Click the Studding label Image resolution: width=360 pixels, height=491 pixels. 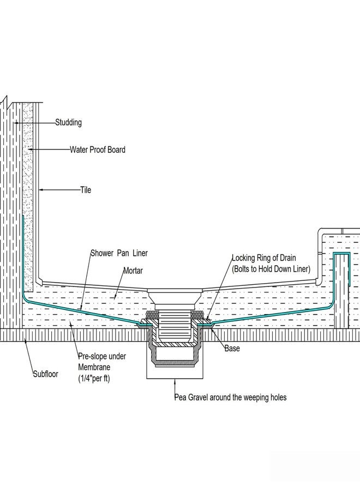click(x=69, y=122)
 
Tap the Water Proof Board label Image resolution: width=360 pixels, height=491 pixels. click(x=97, y=149)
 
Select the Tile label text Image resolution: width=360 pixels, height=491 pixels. click(x=86, y=190)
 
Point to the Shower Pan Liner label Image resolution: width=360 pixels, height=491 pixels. click(x=119, y=253)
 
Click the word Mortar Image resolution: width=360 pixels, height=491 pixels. click(x=133, y=270)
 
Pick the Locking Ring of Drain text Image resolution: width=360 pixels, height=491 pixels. click(x=263, y=258)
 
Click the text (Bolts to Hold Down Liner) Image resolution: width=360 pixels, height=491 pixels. click(x=271, y=269)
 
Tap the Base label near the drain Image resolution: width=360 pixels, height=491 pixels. click(x=232, y=348)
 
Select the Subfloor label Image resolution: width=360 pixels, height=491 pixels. click(x=46, y=374)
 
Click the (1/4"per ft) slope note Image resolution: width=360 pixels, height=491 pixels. click(x=94, y=378)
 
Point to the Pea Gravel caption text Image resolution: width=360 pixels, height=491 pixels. click(x=230, y=397)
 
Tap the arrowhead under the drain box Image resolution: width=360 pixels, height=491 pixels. click(x=175, y=381)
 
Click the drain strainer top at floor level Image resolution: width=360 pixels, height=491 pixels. click(x=175, y=291)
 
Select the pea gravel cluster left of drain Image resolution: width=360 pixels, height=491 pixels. click(x=152, y=314)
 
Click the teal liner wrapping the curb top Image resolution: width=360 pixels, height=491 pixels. click(x=341, y=253)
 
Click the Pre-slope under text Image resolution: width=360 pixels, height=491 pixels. click(x=102, y=356)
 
